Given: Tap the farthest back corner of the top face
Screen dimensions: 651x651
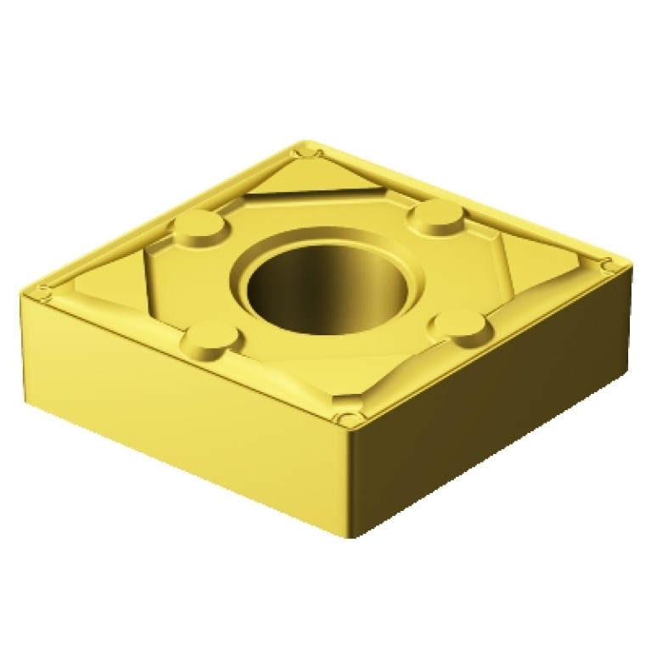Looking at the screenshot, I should coord(306,151).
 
